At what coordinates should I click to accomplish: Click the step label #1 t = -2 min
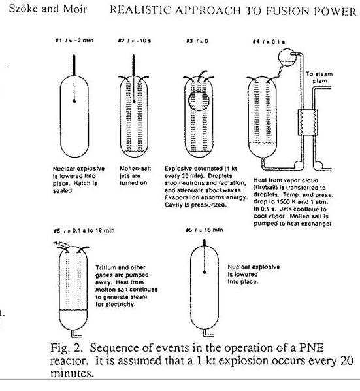[71, 40]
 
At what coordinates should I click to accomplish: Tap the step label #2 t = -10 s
[131, 40]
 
